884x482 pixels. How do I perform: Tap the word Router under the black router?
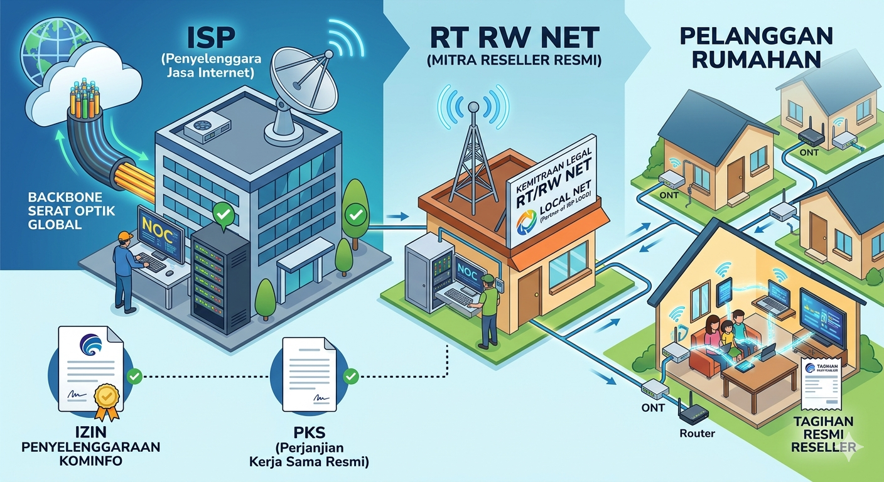coord(697,433)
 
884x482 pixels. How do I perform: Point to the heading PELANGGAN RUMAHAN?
coord(750,48)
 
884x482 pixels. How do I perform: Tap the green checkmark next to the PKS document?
coord(352,376)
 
